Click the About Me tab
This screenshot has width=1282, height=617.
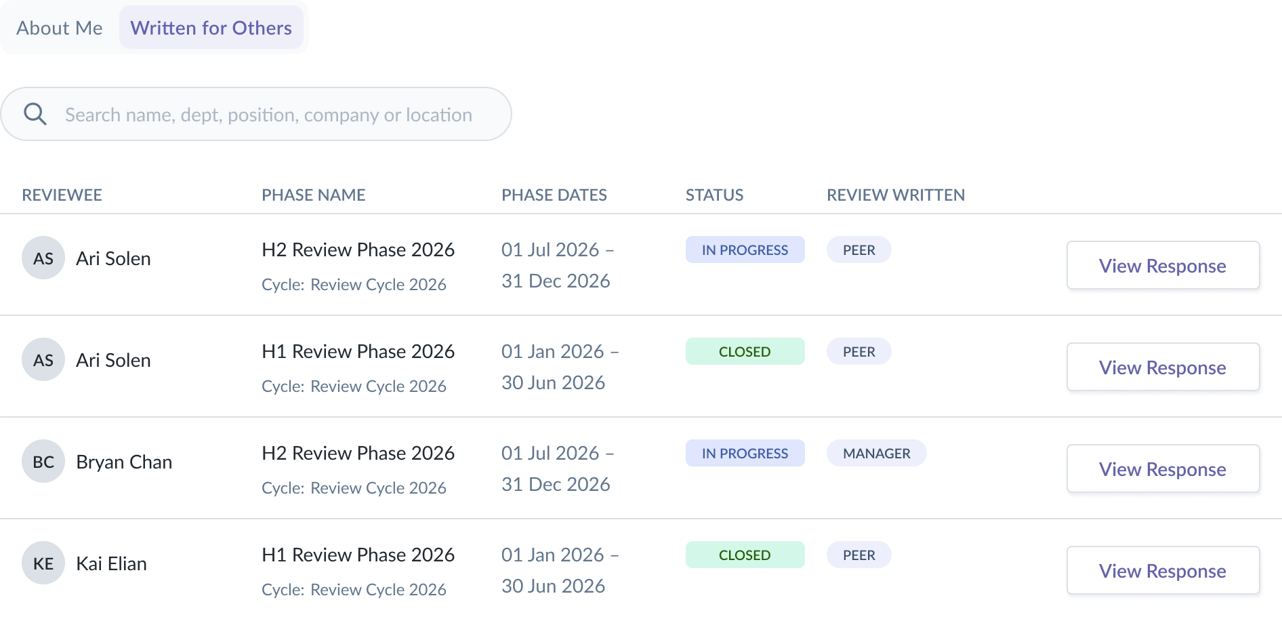tap(60, 28)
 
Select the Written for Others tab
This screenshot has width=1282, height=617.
tap(211, 28)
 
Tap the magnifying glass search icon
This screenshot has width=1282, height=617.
tap(35, 114)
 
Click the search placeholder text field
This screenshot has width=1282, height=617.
tap(268, 115)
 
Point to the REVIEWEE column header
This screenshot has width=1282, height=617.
tap(62, 195)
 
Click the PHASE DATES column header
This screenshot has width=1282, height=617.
tap(554, 195)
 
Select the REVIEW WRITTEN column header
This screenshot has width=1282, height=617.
tap(896, 195)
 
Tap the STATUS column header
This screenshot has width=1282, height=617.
tap(714, 195)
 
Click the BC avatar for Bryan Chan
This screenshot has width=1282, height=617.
tap(43, 461)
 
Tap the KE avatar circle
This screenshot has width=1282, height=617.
tap(43, 563)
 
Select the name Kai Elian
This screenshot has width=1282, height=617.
tap(111, 563)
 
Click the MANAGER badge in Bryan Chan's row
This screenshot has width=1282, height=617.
tap(876, 453)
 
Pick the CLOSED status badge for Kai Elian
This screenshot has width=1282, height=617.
tap(745, 555)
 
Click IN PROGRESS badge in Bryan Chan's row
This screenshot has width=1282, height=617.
tap(745, 453)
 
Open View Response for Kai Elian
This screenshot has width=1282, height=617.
tap(1163, 570)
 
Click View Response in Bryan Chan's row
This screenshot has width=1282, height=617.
tap(1163, 469)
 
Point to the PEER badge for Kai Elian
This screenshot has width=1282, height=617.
tap(859, 555)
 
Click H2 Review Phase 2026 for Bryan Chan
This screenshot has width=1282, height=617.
tap(358, 453)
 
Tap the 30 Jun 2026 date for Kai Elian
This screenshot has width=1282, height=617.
tap(553, 586)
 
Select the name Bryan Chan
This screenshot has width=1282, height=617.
tap(124, 462)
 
